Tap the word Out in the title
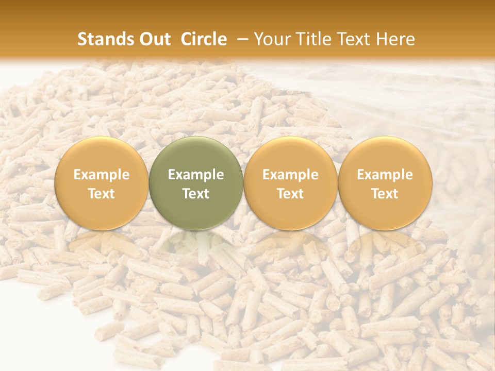[x=153, y=39]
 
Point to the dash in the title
[x=242, y=40]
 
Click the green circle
[x=196, y=183]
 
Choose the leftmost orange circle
[x=102, y=183]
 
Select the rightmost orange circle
[x=385, y=183]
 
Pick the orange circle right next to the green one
[x=290, y=183]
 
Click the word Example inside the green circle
[x=196, y=175]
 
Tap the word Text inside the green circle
[x=196, y=194]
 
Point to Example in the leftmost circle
[x=102, y=175]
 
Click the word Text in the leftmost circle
[x=102, y=194]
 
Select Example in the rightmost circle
[x=385, y=175]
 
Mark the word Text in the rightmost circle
[x=385, y=194]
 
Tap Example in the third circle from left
[x=290, y=175]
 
